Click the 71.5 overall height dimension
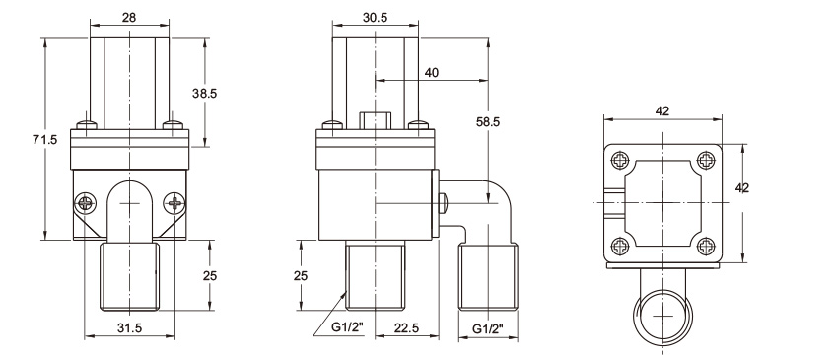(43, 140)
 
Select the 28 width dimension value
(129, 17)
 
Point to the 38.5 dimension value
(205, 94)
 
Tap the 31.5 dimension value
(129, 328)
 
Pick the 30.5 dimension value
(376, 17)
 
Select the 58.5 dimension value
(488, 121)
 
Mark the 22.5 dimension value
(407, 328)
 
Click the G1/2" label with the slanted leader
(347, 328)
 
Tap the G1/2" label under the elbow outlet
(488, 328)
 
